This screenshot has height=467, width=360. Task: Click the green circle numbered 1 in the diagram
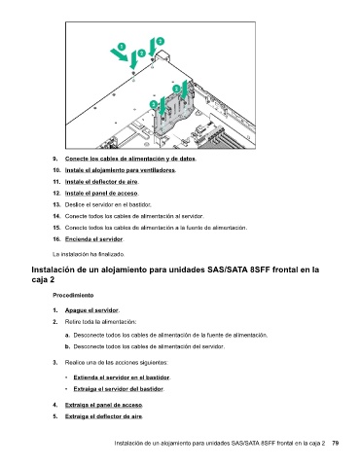(x=122, y=47)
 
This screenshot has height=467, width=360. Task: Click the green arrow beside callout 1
(x=119, y=54)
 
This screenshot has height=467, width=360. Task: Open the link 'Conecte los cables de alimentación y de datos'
(x=130, y=159)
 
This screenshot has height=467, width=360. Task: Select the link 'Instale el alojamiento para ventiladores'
(x=120, y=170)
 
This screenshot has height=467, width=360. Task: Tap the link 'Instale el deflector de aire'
(x=101, y=182)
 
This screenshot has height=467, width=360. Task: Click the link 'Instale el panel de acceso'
(x=101, y=194)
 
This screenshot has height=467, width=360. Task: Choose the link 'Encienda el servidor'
(x=94, y=239)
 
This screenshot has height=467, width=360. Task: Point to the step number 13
(x=56, y=204)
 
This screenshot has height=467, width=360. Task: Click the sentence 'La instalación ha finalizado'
(x=89, y=254)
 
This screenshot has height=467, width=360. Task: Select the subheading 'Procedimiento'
(x=73, y=295)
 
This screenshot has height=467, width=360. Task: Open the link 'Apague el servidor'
(x=91, y=310)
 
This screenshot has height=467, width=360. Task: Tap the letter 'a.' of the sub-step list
(x=67, y=335)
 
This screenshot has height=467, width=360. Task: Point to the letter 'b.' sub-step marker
(x=67, y=346)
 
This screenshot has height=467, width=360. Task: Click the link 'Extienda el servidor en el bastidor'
(x=122, y=377)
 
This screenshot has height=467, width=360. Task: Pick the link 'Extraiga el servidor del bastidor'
(x=119, y=389)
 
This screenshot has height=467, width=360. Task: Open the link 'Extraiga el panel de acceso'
(x=104, y=405)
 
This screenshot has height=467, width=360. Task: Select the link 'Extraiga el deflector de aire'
(x=104, y=416)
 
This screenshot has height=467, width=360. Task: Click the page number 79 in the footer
(x=336, y=443)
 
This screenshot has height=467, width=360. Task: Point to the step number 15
(x=56, y=228)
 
